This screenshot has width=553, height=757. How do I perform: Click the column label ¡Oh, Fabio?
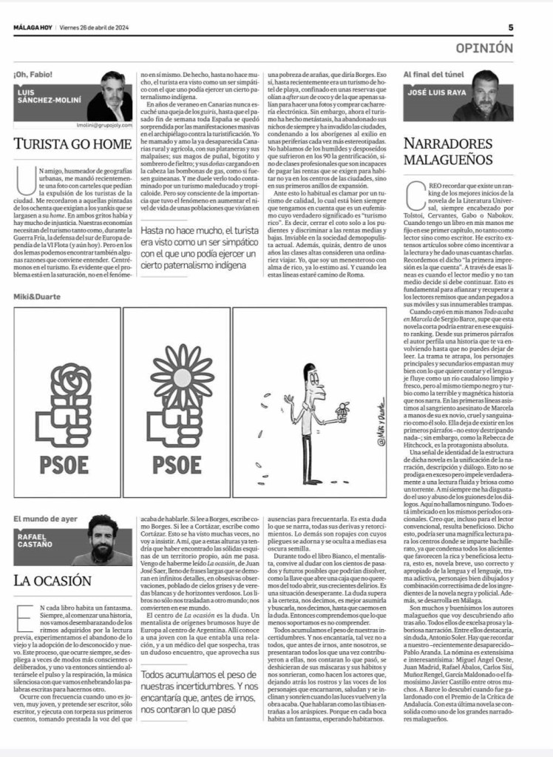(33, 75)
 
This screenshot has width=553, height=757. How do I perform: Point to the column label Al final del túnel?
(435, 75)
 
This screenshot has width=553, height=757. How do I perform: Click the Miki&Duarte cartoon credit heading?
(37, 297)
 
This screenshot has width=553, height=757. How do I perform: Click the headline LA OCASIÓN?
(52, 580)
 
